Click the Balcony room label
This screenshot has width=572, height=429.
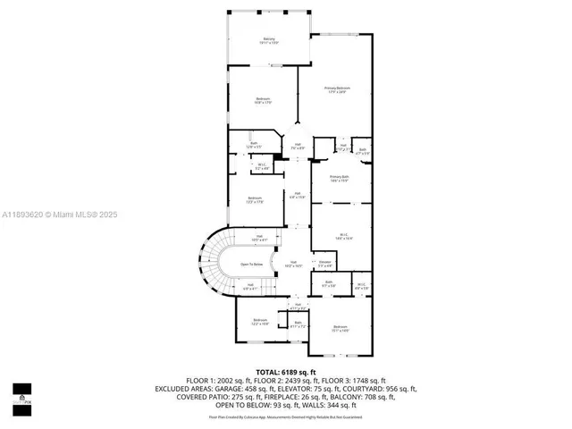[269, 40]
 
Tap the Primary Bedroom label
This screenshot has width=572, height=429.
[337, 89]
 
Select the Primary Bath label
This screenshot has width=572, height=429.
[338, 179]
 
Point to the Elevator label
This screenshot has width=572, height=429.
[325, 264]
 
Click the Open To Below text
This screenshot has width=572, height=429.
[252, 265]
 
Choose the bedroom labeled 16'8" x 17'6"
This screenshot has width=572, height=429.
[264, 100]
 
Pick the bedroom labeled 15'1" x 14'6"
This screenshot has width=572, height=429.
[341, 329]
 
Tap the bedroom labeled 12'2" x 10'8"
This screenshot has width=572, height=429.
[260, 321]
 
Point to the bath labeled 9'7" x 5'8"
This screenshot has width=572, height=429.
[329, 284]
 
